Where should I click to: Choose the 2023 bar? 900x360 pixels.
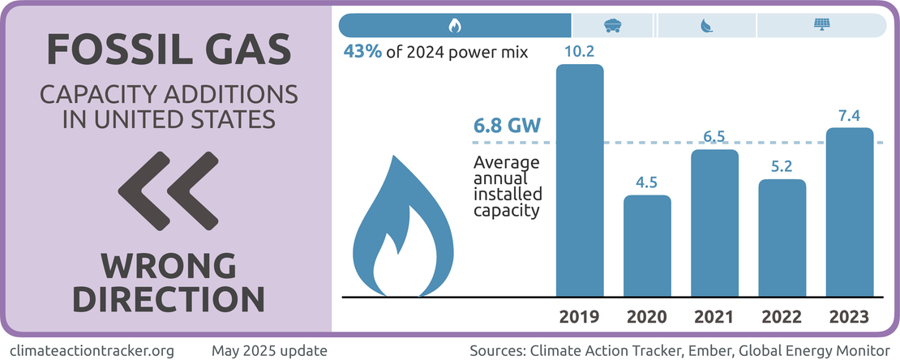850,212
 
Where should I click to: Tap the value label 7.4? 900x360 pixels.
850,117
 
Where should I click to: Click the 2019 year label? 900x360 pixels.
580,316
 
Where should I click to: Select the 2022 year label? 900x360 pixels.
782,316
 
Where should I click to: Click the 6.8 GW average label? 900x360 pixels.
506,128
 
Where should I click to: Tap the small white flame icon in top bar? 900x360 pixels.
454,25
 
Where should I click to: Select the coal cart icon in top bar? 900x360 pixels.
613,25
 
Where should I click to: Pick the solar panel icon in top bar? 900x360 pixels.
820,25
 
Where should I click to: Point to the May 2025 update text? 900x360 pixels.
269,351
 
